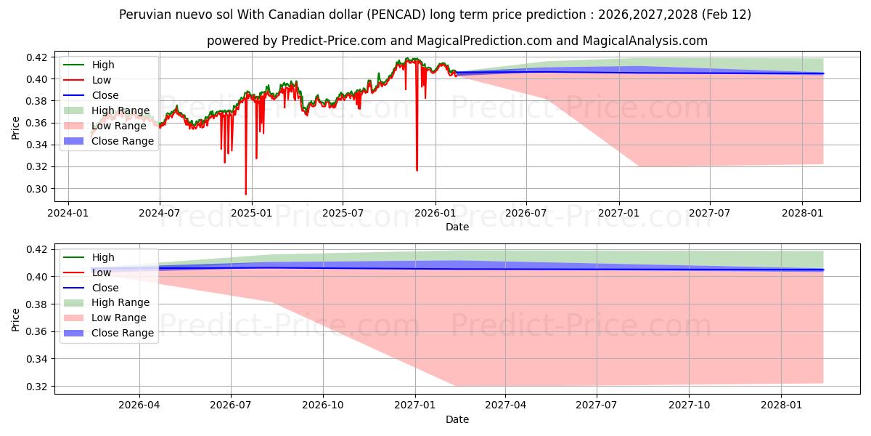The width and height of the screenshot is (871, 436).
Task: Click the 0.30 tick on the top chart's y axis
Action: coord(38,189)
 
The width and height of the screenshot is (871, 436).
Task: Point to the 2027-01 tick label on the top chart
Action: coord(618,214)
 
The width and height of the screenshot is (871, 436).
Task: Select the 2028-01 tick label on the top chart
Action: coord(802,214)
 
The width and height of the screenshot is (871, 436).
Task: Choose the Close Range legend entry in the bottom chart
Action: coord(122,333)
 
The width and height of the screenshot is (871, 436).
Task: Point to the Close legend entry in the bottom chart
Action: coord(105,288)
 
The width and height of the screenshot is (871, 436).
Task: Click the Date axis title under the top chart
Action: coord(457,227)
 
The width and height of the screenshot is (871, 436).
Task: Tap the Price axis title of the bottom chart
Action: coord(16,318)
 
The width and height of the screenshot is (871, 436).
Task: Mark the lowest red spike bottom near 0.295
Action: coord(245,194)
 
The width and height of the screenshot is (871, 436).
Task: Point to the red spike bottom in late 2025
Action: coord(417,170)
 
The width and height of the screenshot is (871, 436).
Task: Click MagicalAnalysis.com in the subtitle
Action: coord(645,41)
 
